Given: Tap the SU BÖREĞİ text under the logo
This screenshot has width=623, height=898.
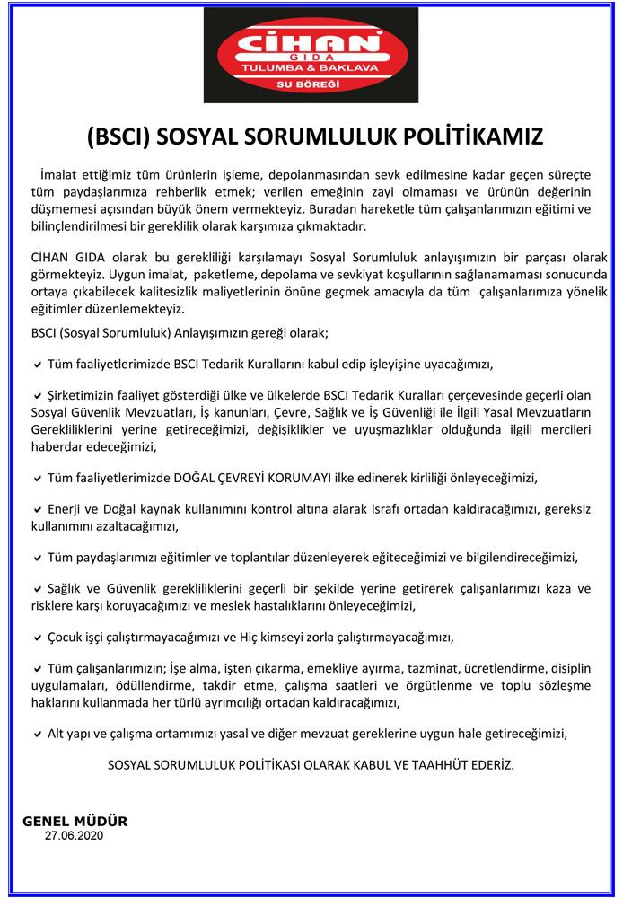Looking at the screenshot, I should pos(311,84).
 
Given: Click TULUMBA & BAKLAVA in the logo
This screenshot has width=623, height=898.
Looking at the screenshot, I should pos(311,68).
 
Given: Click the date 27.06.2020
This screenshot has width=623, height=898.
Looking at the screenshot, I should pos(75,835).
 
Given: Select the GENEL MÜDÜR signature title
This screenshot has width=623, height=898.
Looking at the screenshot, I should pos(75,821).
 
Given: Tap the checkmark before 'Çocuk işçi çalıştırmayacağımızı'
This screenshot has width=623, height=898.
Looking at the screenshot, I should pos(37,638).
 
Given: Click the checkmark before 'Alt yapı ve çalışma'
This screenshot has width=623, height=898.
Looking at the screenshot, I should pos(37,734).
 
